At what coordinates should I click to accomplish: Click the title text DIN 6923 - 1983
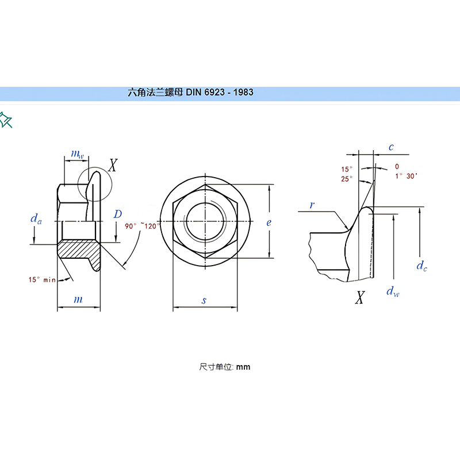coord(220,93)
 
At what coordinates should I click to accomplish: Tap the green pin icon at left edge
coord(6,120)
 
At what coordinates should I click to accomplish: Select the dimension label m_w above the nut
coord(78,154)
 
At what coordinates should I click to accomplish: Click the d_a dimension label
coord(36,219)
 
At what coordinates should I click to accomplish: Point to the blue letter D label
coord(118,214)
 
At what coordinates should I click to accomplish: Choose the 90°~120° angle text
coord(142,226)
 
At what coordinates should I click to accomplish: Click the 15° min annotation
coord(42,279)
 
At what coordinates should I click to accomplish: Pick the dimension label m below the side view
coord(78,300)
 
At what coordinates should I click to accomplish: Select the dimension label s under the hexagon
coord(204,300)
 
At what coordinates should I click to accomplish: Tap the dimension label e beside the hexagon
coord(269,223)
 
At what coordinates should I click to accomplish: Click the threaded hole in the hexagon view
coord(205,221)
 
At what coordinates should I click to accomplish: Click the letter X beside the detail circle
coord(113,165)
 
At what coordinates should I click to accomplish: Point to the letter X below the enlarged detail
coord(360,297)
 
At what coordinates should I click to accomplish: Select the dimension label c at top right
coord(391,147)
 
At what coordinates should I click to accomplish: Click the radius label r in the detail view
coord(312,205)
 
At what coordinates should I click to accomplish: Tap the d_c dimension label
coord(422,266)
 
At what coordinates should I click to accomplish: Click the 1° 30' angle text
coord(406,176)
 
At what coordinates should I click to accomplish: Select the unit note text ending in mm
coord(225,367)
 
